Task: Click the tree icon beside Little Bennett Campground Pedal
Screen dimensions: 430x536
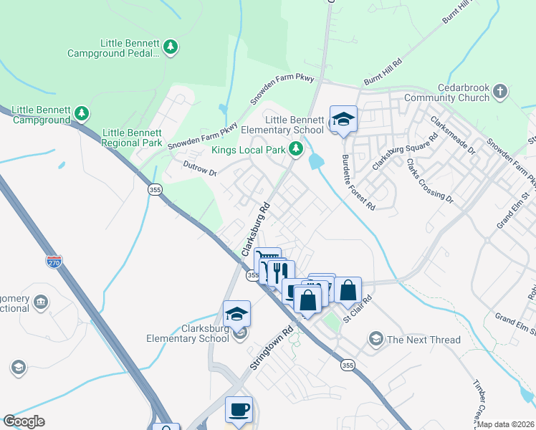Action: pyautogui.click(x=171, y=48)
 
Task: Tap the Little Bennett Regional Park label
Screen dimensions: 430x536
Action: pyautogui.click(x=133, y=138)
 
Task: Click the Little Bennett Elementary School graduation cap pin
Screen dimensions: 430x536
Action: pyautogui.click(x=343, y=120)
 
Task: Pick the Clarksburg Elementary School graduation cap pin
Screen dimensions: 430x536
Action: pyautogui.click(x=236, y=314)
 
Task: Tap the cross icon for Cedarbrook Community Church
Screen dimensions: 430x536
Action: pyautogui.click(x=500, y=92)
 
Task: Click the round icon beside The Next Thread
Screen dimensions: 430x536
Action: pyautogui.click(x=375, y=338)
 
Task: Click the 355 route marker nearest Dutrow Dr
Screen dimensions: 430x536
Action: pyautogui.click(x=154, y=189)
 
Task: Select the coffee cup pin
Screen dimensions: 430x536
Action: pyautogui.click(x=239, y=410)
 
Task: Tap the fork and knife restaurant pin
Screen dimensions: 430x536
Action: pyautogui.click(x=280, y=272)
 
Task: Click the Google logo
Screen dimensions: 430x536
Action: pyautogui.click(x=24, y=421)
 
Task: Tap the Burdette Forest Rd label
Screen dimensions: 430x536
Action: pyautogui.click(x=358, y=183)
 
